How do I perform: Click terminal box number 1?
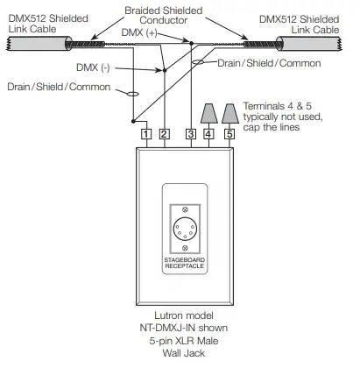146,134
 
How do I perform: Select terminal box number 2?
164,134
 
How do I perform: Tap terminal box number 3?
191,134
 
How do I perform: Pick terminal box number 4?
208,134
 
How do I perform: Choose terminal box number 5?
229,134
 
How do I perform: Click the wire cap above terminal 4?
209,113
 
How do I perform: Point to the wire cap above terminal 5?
230,113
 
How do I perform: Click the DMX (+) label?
139,32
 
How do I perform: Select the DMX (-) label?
93,67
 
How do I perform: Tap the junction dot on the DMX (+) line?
192,43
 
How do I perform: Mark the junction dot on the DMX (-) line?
165,70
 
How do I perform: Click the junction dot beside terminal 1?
133,121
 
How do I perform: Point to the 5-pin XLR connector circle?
185,229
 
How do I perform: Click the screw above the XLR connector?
185,209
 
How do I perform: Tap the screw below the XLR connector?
185,248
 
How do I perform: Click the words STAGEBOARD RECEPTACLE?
184,263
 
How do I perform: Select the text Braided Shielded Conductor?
164,15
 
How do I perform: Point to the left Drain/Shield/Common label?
59,87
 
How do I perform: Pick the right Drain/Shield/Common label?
269,63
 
